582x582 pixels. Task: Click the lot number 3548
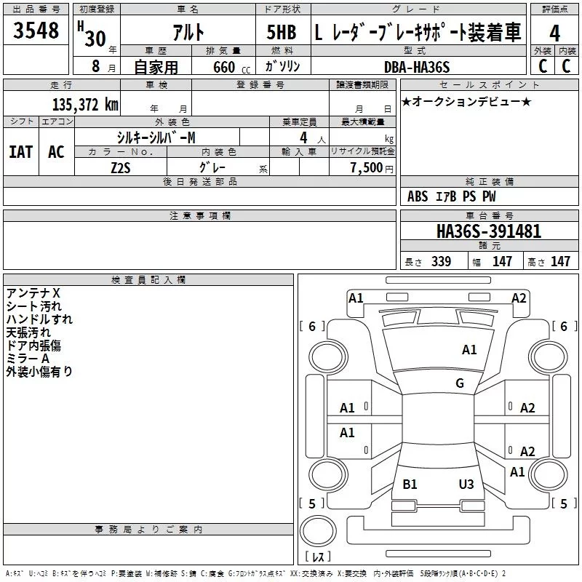pyautogui.click(x=36, y=32)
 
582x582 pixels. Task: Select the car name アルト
pyautogui.click(x=188, y=33)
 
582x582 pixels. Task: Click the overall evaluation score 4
pyautogui.click(x=555, y=33)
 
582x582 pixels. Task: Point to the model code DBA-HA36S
pyautogui.click(x=417, y=67)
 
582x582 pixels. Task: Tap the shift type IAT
pyautogui.click(x=21, y=151)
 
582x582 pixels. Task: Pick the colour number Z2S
pyautogui.click(x=120, y=167)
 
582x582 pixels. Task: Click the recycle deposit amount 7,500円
pyautogui.click(x=372, y=167)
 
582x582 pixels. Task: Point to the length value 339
pyautogui.click(x=441, y=262)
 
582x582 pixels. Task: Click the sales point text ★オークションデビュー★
pyautogui.click(x=466, y=102)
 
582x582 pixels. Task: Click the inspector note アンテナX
pyautogui.click(x=33, y=293)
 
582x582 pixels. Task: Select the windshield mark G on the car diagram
pyautogui.click(x=460, y=383)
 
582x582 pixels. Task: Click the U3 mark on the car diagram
pyautogui.click(x=466, y=484)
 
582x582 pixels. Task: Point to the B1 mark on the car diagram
pyautogui.click(x=410, y=484)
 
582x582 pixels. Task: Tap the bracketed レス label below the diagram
pyautogui.click(x=318, y=557)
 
